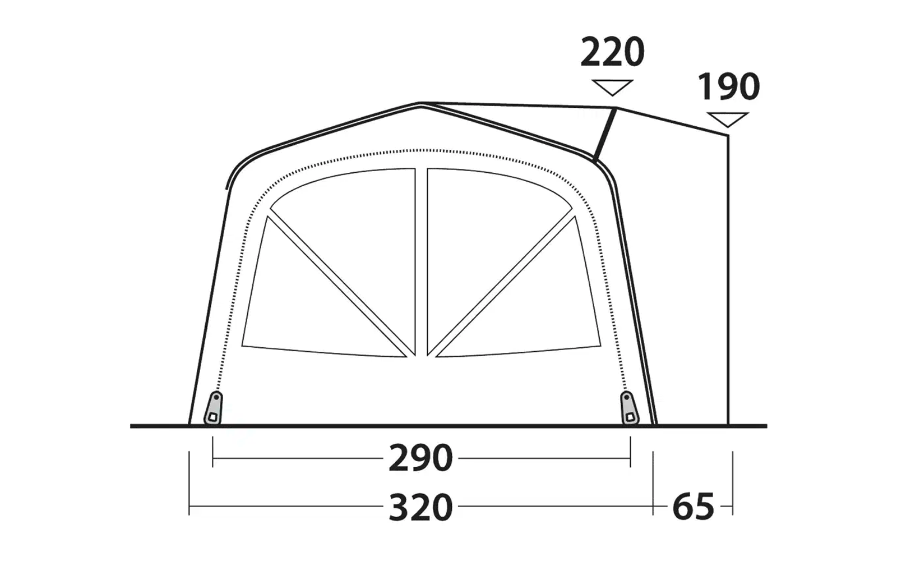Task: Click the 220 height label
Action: click(x=612, y=52)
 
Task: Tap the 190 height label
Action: click(x=728, y=86)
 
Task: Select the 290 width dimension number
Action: click(x=420, y=458)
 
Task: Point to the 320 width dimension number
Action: click(x=420, y=507)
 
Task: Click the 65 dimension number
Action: click(x=693, y=507)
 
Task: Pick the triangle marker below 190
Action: click(x=728, y=120)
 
